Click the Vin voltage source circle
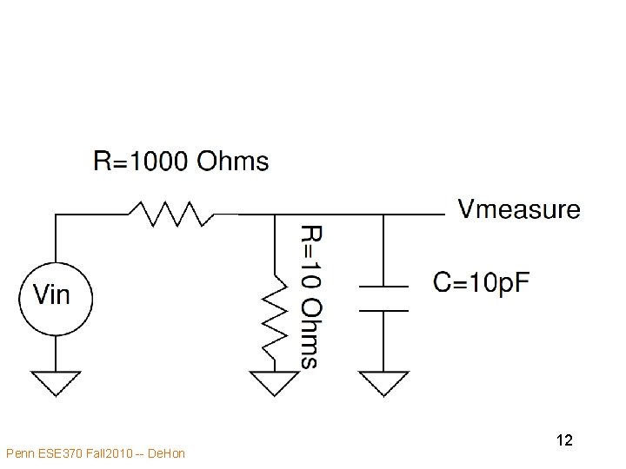pos(55,296)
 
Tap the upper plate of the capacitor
pos(383,286)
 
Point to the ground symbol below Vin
pos(56,381)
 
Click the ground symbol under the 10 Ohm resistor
pos(274,381)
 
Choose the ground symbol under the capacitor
pos(383,381)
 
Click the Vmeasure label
pos(519,209)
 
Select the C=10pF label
pos(481,282)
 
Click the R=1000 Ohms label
pos(181,162)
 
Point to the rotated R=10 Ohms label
pos(309,295)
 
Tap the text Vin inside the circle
pos(52,295)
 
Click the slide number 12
pos(563,440)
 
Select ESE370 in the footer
pos(57,453)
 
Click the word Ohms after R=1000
pos(233,162)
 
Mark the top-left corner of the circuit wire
pos(56,214)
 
